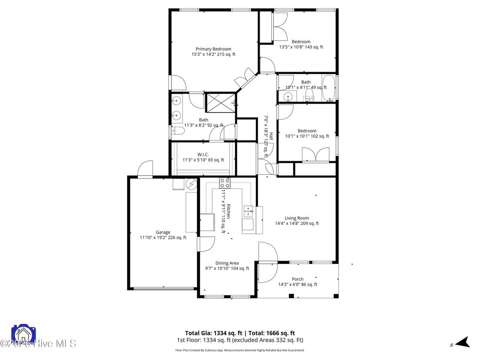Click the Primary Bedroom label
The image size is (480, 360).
213,49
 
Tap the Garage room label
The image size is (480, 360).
163,232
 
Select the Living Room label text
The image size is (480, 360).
297,218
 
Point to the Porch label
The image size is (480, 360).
298,279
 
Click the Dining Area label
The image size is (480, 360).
227,263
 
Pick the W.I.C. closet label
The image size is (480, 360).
203,155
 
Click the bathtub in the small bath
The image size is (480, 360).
329,88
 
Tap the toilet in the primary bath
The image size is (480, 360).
176,131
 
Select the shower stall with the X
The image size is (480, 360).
221,102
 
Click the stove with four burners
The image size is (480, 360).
225,183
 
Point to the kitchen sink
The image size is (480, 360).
247,211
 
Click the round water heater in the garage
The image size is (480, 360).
192,184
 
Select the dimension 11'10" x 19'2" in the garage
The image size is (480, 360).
163,238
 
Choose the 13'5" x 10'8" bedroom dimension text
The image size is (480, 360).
301,47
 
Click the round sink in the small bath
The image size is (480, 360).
288,97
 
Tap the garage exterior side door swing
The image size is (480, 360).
145,168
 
